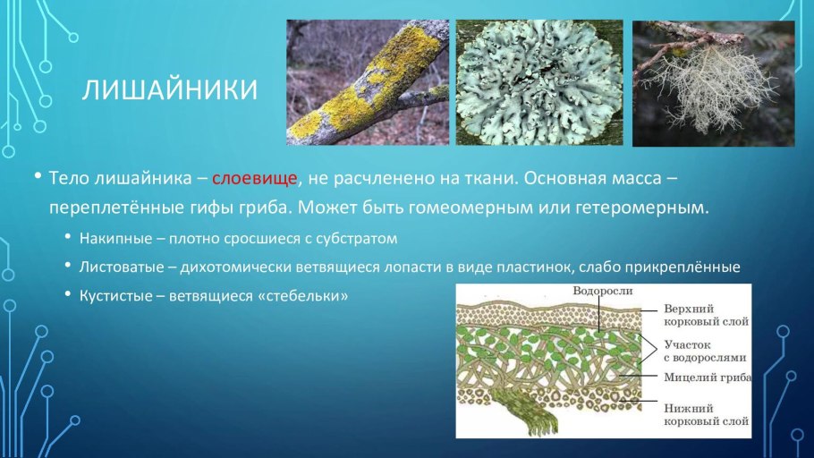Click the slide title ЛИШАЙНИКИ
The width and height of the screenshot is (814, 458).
[x=170, y=89]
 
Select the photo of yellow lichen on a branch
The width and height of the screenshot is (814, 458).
[x=368, y=83]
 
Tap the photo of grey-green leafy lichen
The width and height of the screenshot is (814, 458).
[x=538, y=83]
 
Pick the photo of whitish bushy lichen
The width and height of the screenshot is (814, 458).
[x=713, y=83]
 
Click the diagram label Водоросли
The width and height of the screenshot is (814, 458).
[x=604, y=292]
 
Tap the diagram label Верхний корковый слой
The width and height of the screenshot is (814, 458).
[x=707, y=314]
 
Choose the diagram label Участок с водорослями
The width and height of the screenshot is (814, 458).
[x=702, y=351]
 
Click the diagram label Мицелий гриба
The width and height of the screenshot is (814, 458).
[x=707, y=377]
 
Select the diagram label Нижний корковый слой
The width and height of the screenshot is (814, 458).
[x=707, y=412]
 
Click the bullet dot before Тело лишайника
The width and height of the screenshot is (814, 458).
[x=38, y=176]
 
